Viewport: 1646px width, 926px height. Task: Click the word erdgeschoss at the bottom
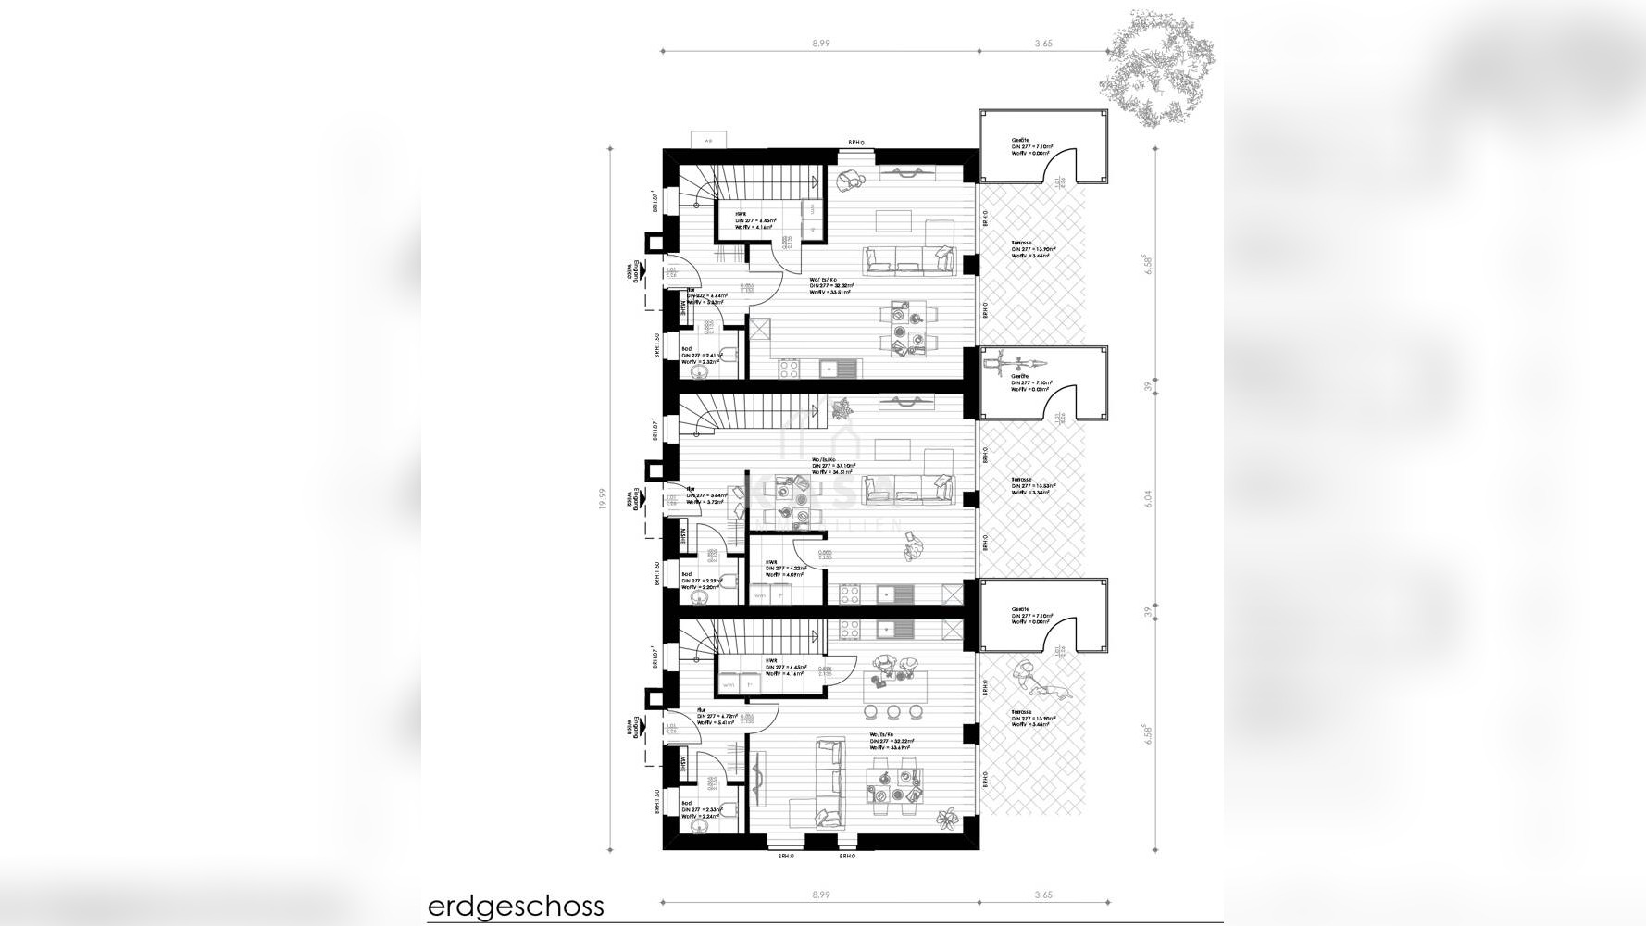(x=516, y=905)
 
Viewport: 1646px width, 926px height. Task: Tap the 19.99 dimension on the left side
(x=602, y=500)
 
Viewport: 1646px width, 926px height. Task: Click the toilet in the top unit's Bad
(x=730, y=353)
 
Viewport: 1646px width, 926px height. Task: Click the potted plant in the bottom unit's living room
(x=947, y=819)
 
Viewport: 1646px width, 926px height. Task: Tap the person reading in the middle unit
(x=912, y=546)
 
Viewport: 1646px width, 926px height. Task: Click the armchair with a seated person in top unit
(x=849, y=178)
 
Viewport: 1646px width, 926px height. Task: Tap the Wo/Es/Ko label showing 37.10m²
(x=833, y=466)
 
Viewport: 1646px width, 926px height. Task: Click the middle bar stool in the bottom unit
(x=893, y=711)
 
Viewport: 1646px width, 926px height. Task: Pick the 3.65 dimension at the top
(x=1043, y=44)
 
